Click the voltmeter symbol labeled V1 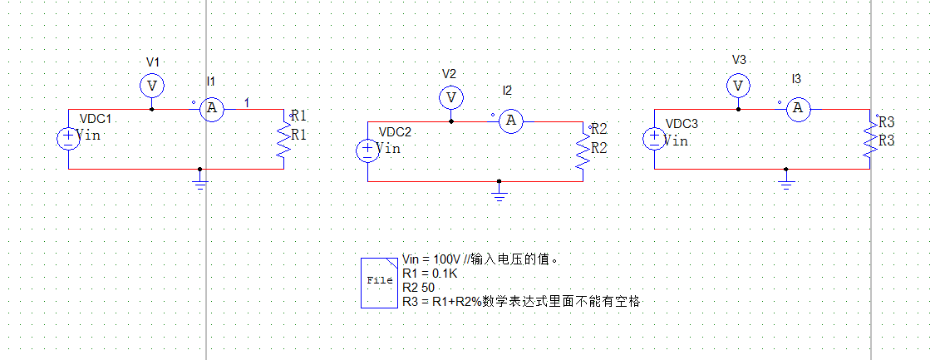coord(151,86)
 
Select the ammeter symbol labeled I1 coord(212,108)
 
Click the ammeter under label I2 coord(511,121)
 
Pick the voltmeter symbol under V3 coord(737,86)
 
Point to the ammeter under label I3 coord(798,108)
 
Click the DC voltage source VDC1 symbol coord(68,138)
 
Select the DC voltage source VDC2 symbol coord(367,150)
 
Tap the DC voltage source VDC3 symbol coord(654,138)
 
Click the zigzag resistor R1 coord(284,138)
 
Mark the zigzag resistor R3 coord(870,138)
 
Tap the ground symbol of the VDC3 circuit coord(786,180)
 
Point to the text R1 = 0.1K coord(429,274)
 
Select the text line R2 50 coord(418,287)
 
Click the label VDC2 coord(395,132)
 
